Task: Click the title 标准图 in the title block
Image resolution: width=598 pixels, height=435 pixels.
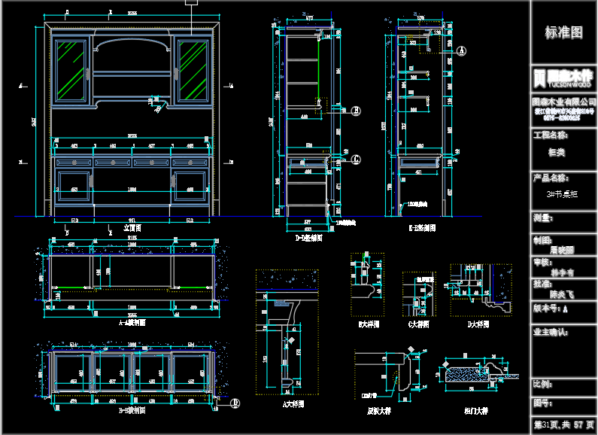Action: tap(563, 32)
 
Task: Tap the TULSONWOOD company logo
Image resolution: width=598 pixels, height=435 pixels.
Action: tap(563, 78)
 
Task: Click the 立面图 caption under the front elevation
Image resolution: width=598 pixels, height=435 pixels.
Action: tap(132, 227)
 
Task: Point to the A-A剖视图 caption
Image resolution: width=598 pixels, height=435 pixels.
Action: tap(132, 322)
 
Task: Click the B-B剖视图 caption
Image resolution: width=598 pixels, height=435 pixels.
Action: tap(132, 411)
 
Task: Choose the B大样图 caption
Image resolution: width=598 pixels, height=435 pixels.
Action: tap(369, 324)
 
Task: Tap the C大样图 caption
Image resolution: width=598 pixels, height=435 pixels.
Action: tap(417, 324)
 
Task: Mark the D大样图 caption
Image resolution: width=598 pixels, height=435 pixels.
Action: tap(478, 324)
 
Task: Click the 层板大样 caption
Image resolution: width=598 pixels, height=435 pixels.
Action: tap(378, 411)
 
